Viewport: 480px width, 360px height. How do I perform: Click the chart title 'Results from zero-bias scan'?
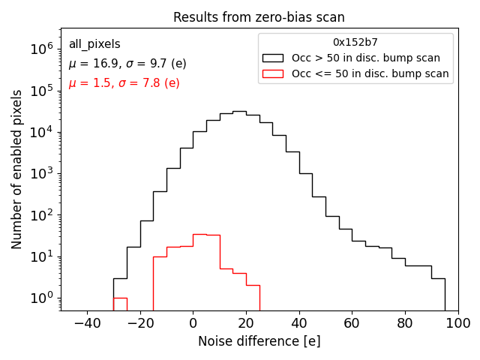pos(259,17)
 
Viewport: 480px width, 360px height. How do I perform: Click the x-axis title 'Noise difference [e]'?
pos(259,341)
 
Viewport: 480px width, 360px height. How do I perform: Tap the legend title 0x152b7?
pos(355,42)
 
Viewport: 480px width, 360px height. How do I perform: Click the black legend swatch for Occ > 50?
pos(273,58)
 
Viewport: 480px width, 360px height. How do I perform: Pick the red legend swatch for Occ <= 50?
pos(273,73)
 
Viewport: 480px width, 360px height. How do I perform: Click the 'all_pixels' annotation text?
pos(94,44)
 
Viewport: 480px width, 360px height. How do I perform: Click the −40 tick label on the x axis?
pos(87,323)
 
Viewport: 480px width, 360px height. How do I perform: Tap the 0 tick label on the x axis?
pos(193,323)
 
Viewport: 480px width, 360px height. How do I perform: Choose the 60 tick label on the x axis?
pos(352,323)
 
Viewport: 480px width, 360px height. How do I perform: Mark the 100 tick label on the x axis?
pos(457,323)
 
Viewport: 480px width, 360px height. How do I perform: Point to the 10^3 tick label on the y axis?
pos(41,174)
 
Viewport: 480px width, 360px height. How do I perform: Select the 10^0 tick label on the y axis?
pos(41,298)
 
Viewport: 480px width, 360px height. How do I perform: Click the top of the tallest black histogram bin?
pos(239,111)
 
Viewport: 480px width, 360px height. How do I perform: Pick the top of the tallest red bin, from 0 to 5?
pos(199,234)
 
